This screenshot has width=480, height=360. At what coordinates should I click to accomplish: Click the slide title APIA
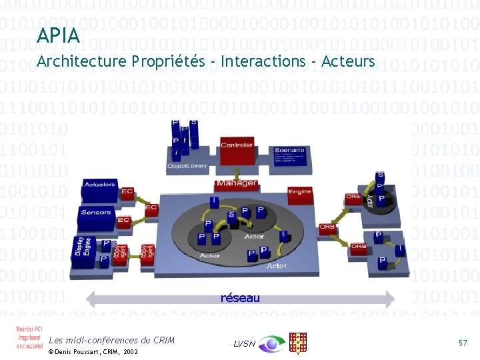coord(59,35)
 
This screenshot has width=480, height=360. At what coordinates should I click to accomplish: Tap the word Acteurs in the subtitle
coord(348,62)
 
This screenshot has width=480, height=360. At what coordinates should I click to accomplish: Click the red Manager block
coord(237,183)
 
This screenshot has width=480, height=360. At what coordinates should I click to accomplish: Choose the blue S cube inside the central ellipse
coord(231,216)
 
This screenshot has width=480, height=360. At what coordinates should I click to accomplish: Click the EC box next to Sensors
coord(123,220)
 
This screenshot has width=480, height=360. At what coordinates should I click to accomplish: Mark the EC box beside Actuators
coord(127,192)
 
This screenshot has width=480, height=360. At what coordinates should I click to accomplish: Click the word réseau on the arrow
coord(240,298)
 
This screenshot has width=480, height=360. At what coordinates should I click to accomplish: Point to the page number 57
coord(463,342)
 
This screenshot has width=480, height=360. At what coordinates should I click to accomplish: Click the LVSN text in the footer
coord(244,343)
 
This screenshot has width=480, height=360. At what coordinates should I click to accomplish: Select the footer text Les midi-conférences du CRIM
coord(111,340)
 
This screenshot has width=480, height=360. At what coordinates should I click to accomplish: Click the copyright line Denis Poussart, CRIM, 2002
coord(93,351)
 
